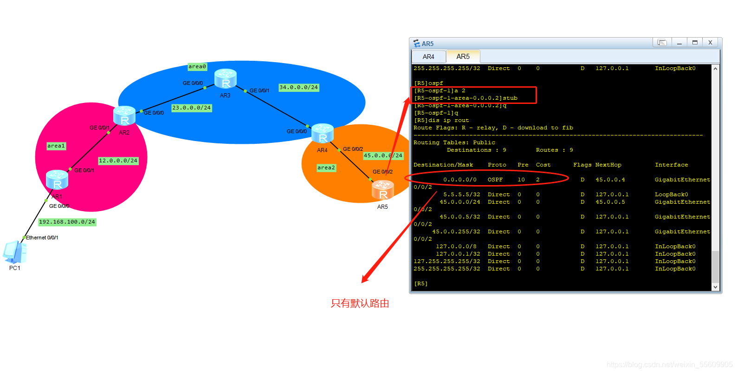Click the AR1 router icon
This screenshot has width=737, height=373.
57,180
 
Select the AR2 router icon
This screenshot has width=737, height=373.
124,116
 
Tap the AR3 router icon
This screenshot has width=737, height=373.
226,78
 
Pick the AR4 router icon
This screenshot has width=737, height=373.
323,133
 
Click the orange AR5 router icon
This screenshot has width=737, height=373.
383,190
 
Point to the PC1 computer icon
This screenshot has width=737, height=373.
14,252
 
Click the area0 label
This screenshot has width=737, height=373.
197,67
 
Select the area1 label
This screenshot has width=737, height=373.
56,146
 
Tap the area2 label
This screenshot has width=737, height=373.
326,167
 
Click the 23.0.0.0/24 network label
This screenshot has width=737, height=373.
191,108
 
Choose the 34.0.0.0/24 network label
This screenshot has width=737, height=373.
298,87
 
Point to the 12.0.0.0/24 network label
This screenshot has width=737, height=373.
118,161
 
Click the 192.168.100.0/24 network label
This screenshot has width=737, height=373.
67,222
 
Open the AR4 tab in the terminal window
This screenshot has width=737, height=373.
428,57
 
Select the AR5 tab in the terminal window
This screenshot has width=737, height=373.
463,57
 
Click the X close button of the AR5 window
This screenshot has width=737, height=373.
710,43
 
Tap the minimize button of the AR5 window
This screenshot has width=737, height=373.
679,43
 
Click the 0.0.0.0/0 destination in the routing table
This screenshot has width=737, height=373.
459,180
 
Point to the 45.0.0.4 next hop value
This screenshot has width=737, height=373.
610,180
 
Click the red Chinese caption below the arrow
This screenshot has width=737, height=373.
360,303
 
